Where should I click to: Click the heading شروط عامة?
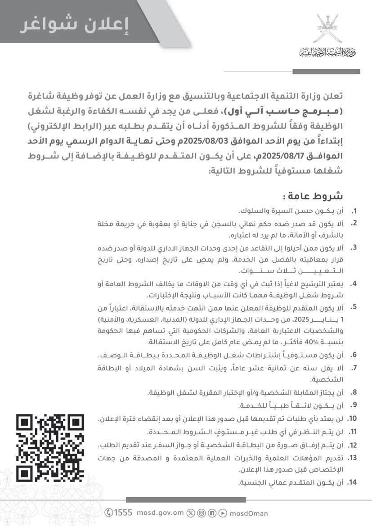pos(312,197)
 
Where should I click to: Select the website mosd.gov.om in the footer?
pos(160,513)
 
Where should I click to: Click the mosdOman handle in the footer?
pos(249,513)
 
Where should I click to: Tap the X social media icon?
pos(191,513)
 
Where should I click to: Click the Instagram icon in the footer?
pos(202,513)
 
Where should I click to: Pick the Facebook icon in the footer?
pos(212,513)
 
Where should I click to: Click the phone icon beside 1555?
pos(109,513)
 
